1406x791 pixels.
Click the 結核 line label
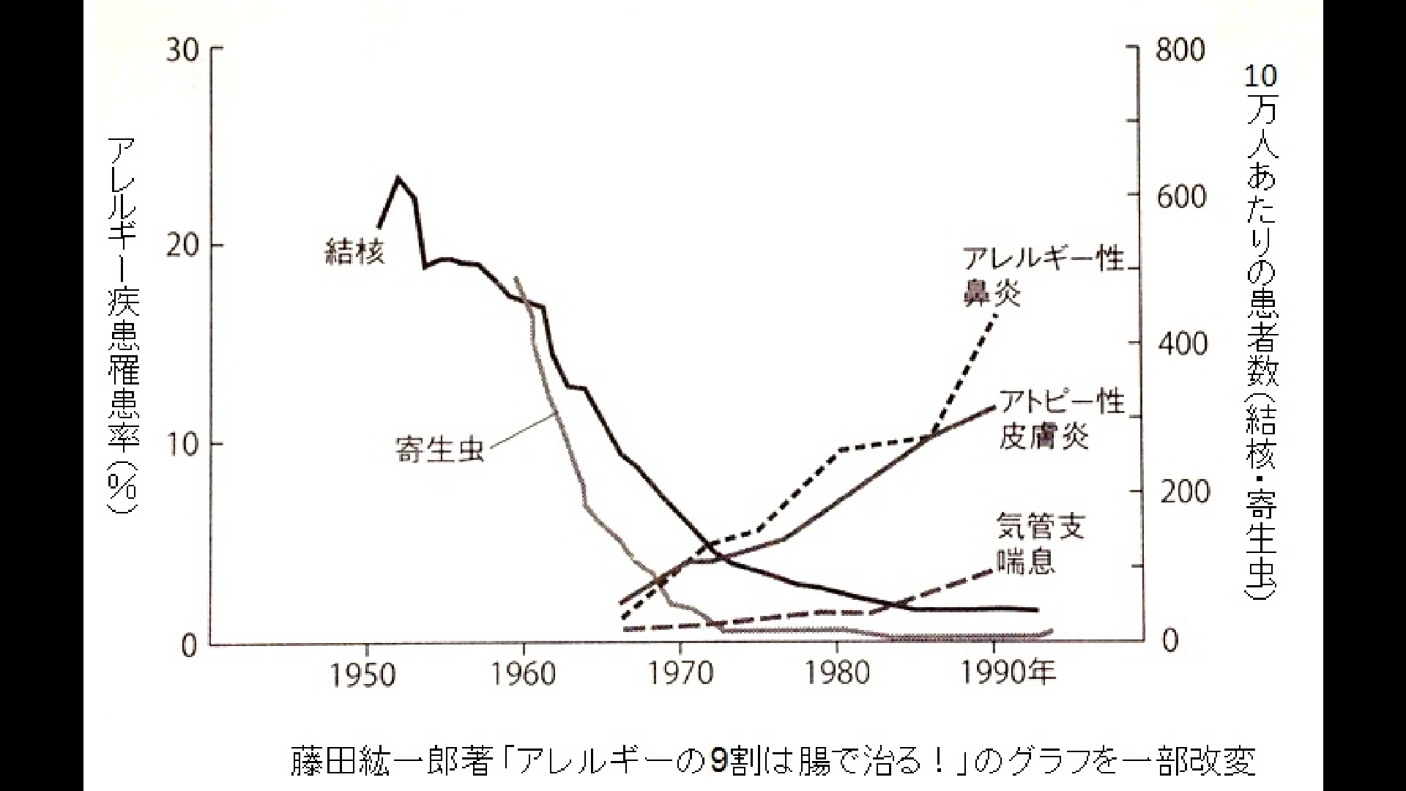coord(355,253)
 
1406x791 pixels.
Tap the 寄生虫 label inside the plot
coord(439,449)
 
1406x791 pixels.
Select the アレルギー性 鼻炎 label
coord(1042,276)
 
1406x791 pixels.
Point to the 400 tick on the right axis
coord(1180,343)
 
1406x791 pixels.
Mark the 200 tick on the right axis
coord(1180,491)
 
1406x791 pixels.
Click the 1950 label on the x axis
coord(364,675)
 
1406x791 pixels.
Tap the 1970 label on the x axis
coord(680,675)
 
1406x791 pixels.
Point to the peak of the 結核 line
coord(398,177)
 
